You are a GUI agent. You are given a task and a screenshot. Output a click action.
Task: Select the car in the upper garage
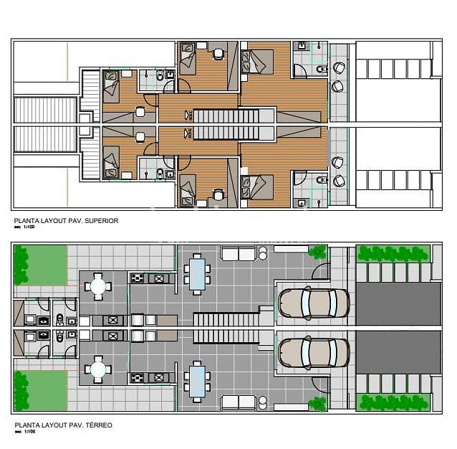click(314, 303)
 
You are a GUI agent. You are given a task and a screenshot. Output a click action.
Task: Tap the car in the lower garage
click(314, 352)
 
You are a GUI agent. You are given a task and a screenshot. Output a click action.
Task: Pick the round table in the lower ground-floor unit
click(98, 370)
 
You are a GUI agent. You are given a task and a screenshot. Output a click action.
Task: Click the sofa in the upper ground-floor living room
click(239, 253)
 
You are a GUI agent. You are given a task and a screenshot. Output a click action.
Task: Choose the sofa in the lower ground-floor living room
click(239, 402)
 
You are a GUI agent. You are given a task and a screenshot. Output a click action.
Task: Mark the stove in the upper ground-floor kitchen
click(138, 278)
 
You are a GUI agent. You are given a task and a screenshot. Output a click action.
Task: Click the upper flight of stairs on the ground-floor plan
click(225, 319)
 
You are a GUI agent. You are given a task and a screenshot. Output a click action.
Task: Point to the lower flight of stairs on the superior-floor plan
click(226, 133)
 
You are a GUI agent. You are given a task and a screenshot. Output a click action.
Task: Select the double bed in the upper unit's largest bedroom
click(258, 61)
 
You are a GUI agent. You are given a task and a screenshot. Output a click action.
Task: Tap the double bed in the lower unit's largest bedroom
click(258, 187)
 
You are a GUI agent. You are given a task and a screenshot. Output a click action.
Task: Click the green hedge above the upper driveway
click(394, 252)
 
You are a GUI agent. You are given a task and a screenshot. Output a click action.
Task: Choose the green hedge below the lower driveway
click(394, 402)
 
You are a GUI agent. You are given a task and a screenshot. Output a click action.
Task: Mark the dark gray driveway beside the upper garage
click(398, 303)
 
